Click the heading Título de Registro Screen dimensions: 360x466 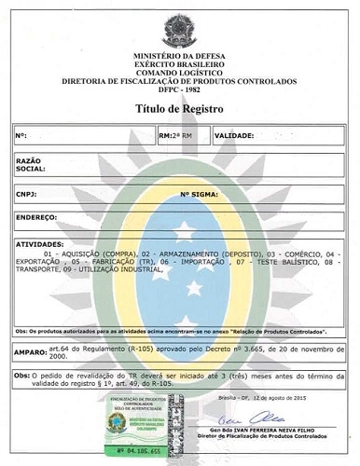(180, 108)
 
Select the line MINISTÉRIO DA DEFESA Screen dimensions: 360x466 (178, 59)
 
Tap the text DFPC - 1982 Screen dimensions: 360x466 (179, 89)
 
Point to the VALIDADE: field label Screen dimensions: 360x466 (234, 135)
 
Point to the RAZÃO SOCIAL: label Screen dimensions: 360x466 (31, 165)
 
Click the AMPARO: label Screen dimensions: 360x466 (34, 353)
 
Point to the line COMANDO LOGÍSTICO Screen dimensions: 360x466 (178, 74)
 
